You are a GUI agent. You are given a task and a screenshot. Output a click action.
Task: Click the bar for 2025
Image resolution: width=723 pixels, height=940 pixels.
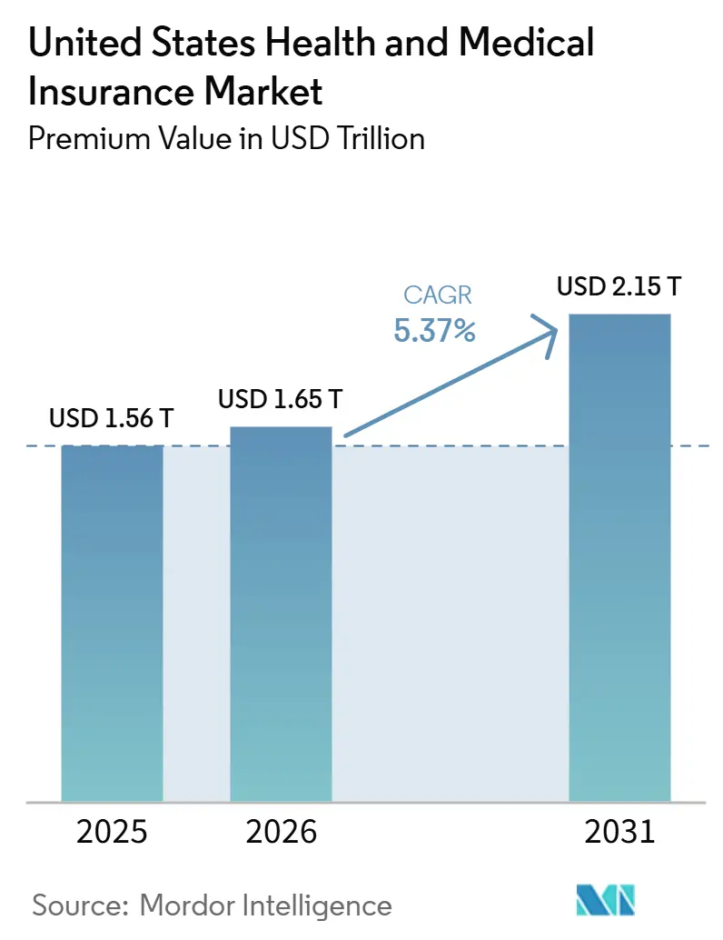[x=112, y=624]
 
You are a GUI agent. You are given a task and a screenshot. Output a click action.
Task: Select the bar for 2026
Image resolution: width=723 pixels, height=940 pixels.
[x=281, y=614]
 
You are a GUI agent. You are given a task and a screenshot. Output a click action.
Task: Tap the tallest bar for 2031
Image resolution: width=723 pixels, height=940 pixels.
[x=619, y=557]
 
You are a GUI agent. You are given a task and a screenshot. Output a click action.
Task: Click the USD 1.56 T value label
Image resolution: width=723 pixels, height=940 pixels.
[x=112, y=418]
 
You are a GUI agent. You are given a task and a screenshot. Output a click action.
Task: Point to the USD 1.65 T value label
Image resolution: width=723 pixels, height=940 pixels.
[x=281, y=399]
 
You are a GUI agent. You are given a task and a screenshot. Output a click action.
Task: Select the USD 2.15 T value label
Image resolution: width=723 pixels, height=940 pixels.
[x=619, y=286]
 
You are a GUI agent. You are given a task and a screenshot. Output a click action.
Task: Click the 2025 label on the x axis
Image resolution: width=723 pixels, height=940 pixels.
[x=112, y=832]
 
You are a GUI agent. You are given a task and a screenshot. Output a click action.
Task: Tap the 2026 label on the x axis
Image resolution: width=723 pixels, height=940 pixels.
[x=281, y=832]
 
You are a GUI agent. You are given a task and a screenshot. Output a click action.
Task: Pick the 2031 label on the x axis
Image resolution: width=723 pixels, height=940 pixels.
[x=620, y=832]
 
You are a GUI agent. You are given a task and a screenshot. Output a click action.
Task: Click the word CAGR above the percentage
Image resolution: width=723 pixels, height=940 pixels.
[x=438, y=295]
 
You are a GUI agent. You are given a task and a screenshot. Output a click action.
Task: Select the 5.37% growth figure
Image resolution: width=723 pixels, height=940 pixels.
[x=435, y=330]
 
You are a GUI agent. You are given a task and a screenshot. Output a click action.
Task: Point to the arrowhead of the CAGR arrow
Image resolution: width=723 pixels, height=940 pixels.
[x=556, y=328]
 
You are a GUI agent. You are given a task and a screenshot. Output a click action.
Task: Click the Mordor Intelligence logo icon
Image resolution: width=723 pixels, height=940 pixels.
[x=605, y=900]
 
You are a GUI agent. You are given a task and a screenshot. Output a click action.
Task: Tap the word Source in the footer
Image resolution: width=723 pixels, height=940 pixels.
[x=81, y=905]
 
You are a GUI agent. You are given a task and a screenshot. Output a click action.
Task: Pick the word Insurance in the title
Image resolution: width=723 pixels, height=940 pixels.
[x=111, y=92]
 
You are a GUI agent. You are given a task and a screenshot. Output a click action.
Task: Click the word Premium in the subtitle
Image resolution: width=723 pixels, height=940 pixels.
[x=89, y=138]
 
